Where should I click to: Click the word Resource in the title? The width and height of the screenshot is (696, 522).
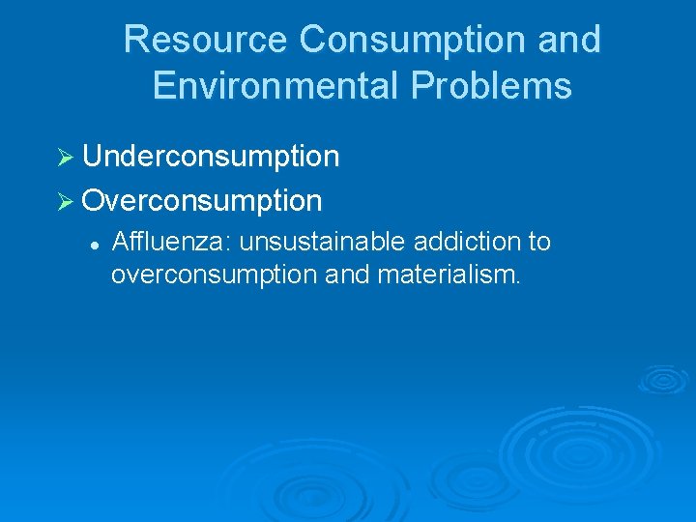tap(205, 40)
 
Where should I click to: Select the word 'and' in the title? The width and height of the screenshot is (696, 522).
tap(572, 40)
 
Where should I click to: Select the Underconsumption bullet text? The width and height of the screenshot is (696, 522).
tap(211, 156)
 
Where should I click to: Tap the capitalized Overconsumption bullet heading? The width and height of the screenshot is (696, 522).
tap(202, 200)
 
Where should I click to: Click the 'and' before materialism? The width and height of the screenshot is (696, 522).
tap(341, 275)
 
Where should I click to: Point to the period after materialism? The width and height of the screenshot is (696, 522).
tap(519, 281)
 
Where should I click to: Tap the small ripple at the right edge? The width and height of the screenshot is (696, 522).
tap(665, 378)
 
